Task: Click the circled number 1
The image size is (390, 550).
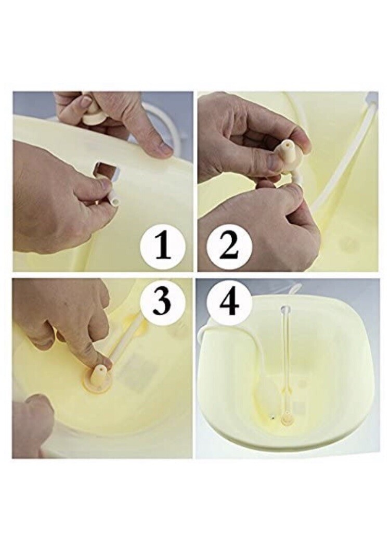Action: (x=163, y=247)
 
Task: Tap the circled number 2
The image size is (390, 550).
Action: (x=229, y=247)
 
